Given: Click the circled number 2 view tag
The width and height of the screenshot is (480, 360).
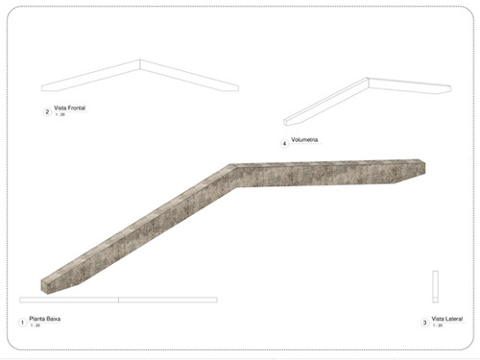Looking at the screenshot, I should click(47, 111).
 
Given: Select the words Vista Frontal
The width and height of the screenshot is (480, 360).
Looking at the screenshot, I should click(71, 108).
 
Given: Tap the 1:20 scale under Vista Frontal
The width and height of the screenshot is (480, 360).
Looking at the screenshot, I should click(60, 114).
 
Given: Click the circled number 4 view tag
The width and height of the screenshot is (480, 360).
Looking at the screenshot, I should click(285, 143).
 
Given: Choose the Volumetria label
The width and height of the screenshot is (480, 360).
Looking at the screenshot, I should click(304, 140).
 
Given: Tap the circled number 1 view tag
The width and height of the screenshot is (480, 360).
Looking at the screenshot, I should click(21, 321).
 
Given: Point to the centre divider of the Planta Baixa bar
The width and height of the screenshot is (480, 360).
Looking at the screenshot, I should click(118, 300).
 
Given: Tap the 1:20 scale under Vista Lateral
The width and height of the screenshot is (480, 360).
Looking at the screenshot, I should click(437, 325).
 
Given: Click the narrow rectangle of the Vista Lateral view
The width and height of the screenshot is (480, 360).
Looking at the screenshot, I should click(435, 285).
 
